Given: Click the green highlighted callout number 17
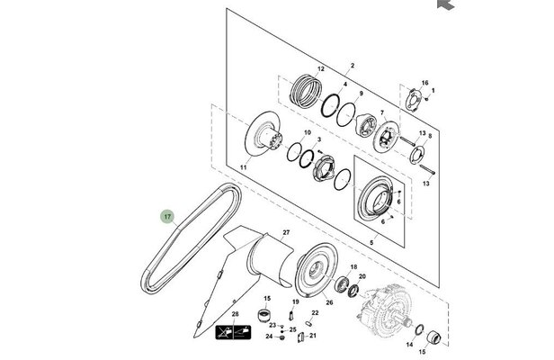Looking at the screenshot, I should click(166, 216).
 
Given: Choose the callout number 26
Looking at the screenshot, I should click(329, 302).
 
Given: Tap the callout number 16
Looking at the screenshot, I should click(425, 82).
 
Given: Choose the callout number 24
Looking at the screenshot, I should click(268, 337).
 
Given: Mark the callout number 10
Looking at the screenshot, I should click(307, 133).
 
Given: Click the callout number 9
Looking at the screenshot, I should click(361, 94).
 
